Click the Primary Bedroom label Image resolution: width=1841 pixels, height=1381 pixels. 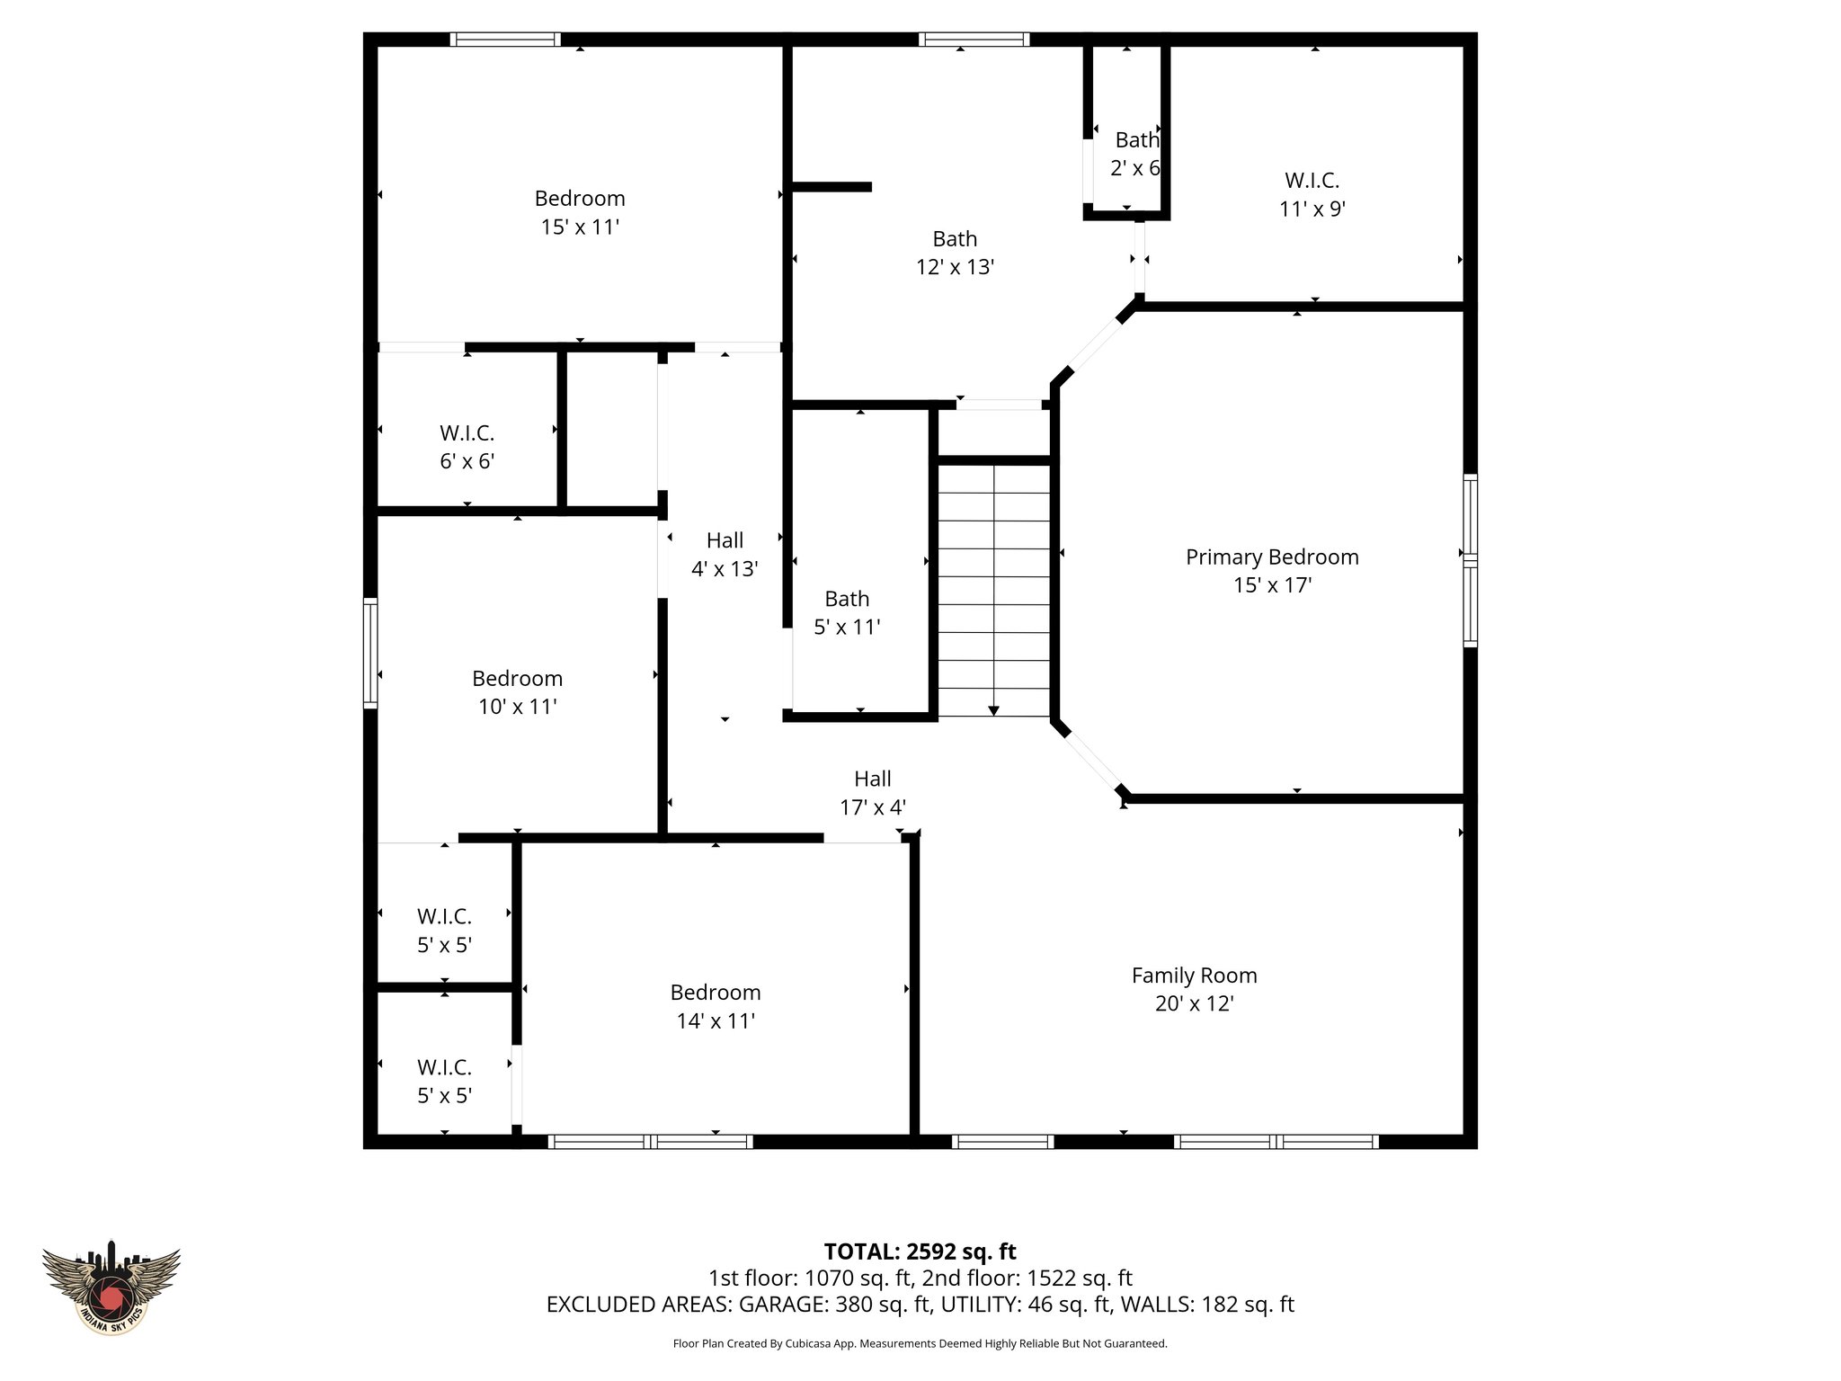coord(1271,557)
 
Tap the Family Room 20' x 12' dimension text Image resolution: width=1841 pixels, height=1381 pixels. coord(1194,1003)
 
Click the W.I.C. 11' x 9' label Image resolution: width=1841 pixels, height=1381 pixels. coord(1312,194)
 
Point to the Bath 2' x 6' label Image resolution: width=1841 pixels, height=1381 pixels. coord(1136,154)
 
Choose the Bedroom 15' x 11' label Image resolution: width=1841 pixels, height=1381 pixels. coord(580,212)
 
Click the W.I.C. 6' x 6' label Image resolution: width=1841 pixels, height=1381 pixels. coord(467,447)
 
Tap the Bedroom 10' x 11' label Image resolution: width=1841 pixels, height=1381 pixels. coord(517,692)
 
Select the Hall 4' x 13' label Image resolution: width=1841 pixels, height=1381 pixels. coord(725,554)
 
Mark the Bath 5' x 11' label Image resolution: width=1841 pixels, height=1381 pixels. coord(847,612)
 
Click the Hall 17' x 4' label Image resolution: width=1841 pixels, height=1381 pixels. coord(872,793)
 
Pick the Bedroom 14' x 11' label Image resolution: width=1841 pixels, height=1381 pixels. coord(716,1006)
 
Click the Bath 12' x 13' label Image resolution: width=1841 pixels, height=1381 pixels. coord(955,253)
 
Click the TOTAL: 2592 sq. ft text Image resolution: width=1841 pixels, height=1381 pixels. coord(920,1252)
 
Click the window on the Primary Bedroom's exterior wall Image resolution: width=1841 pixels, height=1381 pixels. coord(1470,560)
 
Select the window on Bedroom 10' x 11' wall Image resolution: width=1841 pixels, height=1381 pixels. coord(369,652)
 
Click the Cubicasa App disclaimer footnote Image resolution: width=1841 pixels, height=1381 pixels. coord(920,1344)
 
